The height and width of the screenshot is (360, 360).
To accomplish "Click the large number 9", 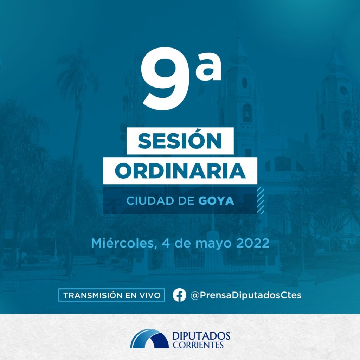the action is (x=166, y=78).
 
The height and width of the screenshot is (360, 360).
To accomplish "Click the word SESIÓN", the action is (x=180, y=141).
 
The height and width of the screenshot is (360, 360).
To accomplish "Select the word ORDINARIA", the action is (x=180, y=171).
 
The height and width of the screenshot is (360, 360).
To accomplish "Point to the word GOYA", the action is (x=216, y=201).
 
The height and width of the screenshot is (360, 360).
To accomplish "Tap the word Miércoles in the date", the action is (x=122, y=243).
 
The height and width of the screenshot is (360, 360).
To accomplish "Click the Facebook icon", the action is (x=179, y=295).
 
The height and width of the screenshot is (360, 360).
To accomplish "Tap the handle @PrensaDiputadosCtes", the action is (x=246, y=295).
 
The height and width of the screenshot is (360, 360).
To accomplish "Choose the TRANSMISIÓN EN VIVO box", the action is (x=111, y=295).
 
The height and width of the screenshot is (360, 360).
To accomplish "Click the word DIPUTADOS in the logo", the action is (x=201, y=336).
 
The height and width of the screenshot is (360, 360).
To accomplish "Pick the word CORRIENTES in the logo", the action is (x=198, y=345).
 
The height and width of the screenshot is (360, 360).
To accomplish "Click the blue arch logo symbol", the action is (x=149, y=339).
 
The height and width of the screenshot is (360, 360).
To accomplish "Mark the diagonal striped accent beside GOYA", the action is (x=261, y=200).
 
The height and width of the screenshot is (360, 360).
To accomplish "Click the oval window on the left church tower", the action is (x=245, y=83).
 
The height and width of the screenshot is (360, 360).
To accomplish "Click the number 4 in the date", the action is (x=166, y=243).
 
